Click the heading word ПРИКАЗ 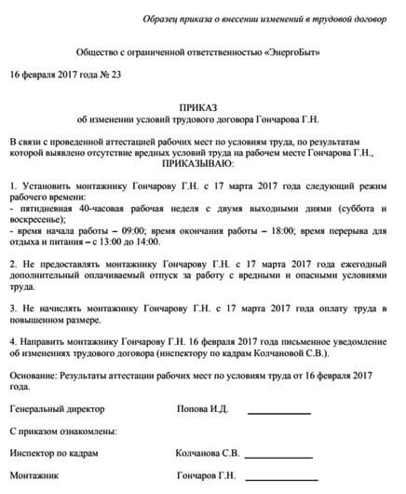(x=202, y=107)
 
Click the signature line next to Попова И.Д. (x=279, y=412)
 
